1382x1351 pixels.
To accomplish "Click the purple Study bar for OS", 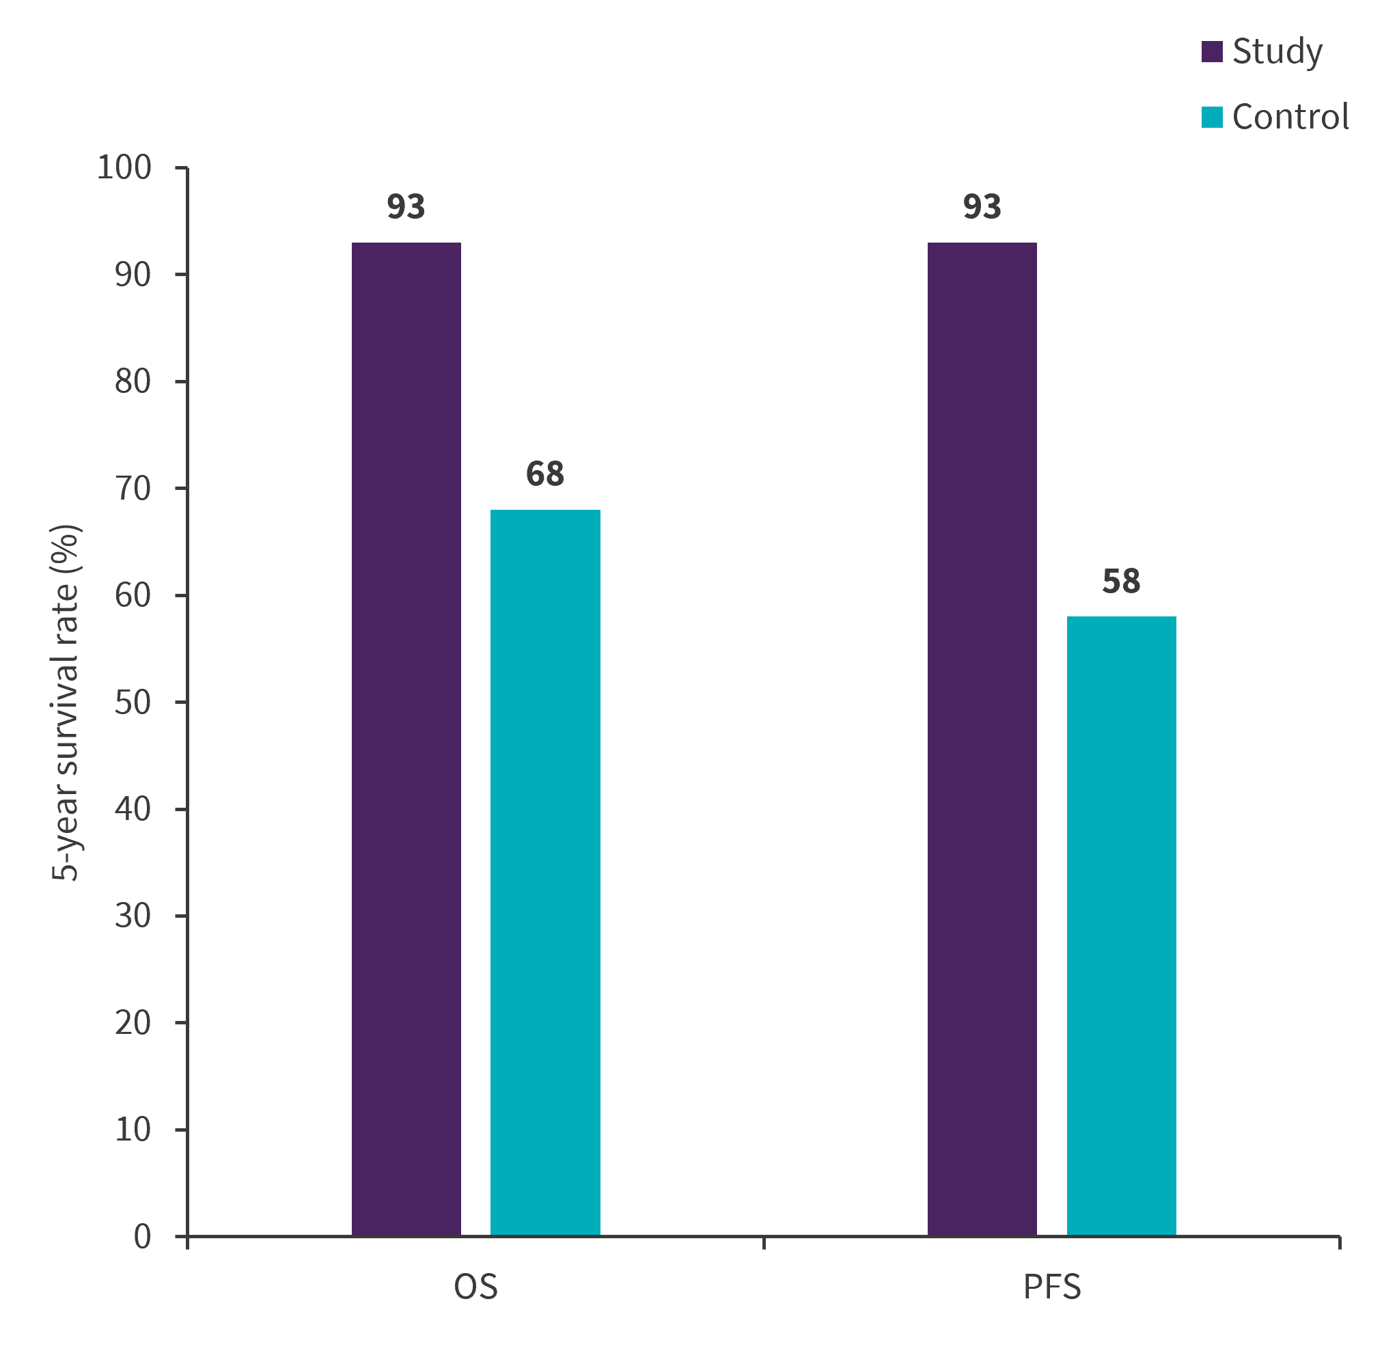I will pyautogui.click(x=406, y=738).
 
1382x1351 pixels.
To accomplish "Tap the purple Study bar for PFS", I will pyautogui.click(x=982, y=738).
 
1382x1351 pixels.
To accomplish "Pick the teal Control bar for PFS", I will pyautogui.click(x=1121, y=925).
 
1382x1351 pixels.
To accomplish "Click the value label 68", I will pyautogui.click(x=545, y=474).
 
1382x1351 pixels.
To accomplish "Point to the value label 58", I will pyautogui.click(x=1121, y=581).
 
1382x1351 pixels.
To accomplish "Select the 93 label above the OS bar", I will pyautogui.click(x=406, y=206).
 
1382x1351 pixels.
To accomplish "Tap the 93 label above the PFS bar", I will pyautogui.click(x=982, y=206).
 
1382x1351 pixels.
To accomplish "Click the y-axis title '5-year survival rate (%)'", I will pyautogui.click(x=66, y=702).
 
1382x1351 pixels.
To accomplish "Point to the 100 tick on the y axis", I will pyautogui.click(x=124, y=168).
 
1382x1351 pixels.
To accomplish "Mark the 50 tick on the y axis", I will pyautogui.click(x=133, y=702).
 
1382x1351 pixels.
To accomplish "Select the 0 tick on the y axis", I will pyautogui.click(x=142, y=1237).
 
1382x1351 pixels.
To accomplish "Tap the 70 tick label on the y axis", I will pyautogui.click(x=133, y=489).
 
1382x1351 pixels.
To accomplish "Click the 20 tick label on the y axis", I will pyautogui.click(x=133, y=1023).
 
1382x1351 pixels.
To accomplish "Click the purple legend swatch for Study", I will pyautogui.click(x=1212, y=52).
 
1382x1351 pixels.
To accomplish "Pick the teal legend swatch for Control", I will pyautogui.click(x=1212, y=117).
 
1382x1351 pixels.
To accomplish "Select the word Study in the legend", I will pyautogui.click(x=1277, y=52).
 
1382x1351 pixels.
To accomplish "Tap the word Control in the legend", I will pyautogui.click(x=1290, y=117).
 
